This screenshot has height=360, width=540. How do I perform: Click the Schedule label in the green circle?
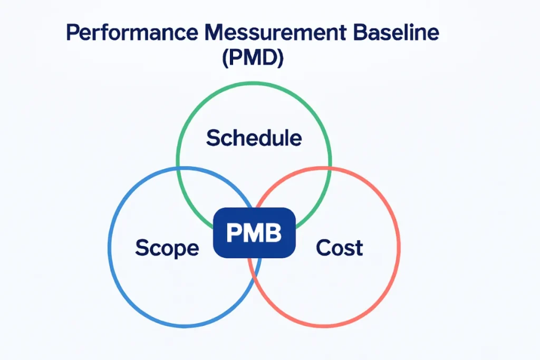point(254,138)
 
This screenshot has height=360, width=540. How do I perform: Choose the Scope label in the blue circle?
point(167,247)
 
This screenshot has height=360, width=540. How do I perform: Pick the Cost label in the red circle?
point(339,247)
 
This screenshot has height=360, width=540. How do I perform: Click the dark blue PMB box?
point(254,232)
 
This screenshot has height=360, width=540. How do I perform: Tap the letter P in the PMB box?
point(233,233)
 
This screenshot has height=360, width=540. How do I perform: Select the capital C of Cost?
point(323,247)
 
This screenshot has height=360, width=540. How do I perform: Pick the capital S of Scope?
point(142,247)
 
